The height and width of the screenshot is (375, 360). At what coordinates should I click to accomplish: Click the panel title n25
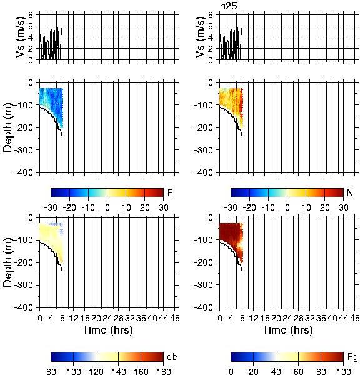(x=229, y=6)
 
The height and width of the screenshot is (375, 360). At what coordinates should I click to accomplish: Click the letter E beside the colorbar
(x=170, y=192)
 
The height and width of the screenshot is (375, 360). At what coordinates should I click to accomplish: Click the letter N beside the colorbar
(x=350, y=192)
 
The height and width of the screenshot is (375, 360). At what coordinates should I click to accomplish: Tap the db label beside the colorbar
(x=172, y=357)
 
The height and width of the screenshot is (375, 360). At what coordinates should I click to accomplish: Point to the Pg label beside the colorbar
(x=352, y=357)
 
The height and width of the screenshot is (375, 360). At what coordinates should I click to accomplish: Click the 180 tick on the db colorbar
(x=163, y=371)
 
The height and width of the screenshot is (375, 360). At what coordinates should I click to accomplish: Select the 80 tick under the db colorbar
(x=51, y=371)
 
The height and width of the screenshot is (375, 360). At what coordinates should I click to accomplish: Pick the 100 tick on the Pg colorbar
(x=343, y=371)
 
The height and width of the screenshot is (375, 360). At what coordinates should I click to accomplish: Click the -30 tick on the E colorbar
(x=51, y=207)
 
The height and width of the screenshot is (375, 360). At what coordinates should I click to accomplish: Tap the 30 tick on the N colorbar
(x=344, y=207)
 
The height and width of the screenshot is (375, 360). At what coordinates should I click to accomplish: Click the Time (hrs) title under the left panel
(x=107, y=330)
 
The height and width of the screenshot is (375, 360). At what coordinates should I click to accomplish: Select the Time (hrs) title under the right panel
(x=287, y=330)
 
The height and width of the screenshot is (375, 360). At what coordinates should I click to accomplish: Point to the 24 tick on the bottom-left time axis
(x=107, y=318)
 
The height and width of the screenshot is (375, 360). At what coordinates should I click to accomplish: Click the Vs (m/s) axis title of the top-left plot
(x=21, y=37)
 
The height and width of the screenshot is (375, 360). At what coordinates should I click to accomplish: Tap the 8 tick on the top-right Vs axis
(x=211, y=15)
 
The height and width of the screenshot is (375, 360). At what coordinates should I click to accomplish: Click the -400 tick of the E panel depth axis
(x=24, y=172)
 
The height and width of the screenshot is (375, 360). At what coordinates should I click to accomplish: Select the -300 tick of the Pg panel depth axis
(x=203, y=285)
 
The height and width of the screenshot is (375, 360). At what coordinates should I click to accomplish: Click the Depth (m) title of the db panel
(x=7, y=262)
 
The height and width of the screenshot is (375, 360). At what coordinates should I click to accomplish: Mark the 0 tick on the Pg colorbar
(x=231, y=371)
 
